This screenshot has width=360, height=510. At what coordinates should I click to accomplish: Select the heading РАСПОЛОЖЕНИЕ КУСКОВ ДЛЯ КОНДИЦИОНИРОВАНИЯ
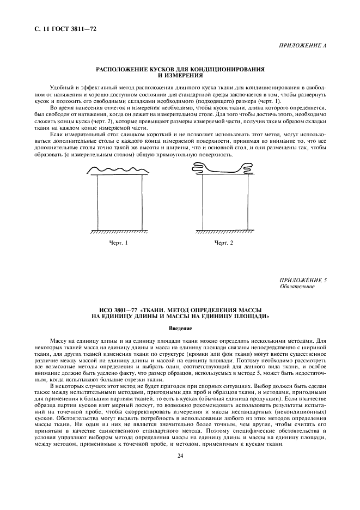tap(180, 70)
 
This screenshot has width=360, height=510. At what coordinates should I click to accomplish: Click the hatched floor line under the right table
tap(224, 232)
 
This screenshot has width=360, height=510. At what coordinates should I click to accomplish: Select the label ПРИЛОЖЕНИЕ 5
tap(303, 280)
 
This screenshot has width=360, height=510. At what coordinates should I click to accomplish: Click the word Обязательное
tap(297, 287)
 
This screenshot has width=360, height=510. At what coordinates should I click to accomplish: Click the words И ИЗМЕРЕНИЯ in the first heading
tap(180, 75)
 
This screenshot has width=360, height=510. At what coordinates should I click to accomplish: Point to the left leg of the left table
tap(97, 203)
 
